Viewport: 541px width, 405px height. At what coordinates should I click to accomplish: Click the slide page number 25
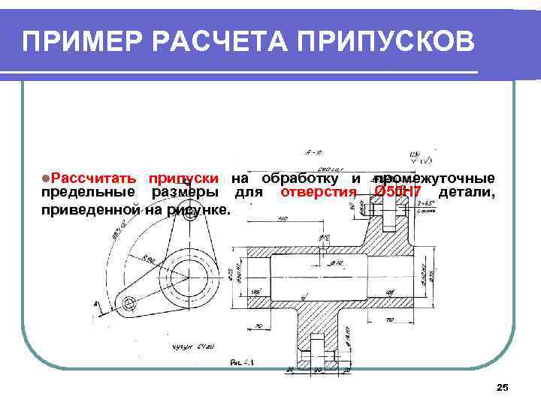click(503, 387)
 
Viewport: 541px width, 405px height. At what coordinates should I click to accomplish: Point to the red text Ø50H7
click(397, 193)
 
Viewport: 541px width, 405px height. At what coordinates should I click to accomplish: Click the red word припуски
click(183, 178)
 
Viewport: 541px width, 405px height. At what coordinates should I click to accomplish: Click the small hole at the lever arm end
click(130, 303)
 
